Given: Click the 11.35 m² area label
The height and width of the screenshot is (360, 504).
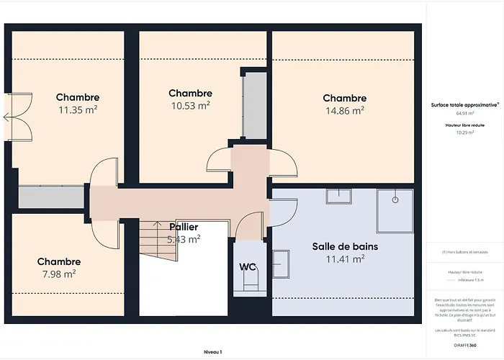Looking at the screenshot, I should [78, 110].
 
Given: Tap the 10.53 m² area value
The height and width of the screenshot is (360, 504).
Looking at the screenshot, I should [190, 106].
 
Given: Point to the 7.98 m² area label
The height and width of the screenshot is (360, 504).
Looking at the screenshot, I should [59, 274].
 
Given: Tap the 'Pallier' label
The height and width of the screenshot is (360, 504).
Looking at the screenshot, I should [184, 228].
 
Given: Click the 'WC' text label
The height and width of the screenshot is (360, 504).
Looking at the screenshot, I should [248, 266].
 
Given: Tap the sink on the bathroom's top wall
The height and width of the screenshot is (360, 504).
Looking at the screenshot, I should [337, 197].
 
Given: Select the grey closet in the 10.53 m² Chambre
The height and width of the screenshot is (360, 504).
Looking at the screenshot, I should [253, 105].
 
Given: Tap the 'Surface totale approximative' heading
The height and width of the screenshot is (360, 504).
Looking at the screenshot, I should [464, 105].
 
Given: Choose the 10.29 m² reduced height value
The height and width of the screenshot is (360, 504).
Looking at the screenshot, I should [464, 132].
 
